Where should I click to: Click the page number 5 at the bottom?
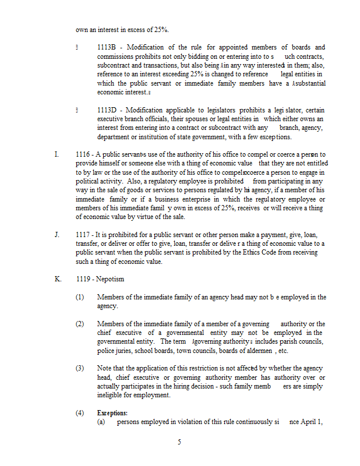pyautogui.click(x=179, y=442)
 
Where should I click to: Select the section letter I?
pyautogui.click(x=57, y=154)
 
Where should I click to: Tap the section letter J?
pyautogui.click(x=57, y=235)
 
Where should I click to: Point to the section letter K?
pyautogui.click(x=58, y=279)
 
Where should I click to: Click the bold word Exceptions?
pyautogui.click(x=112, y=413)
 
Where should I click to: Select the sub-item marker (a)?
pyautogui.click(x=101, y=422)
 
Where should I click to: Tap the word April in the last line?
pyautogui.click(x=309, y=422)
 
